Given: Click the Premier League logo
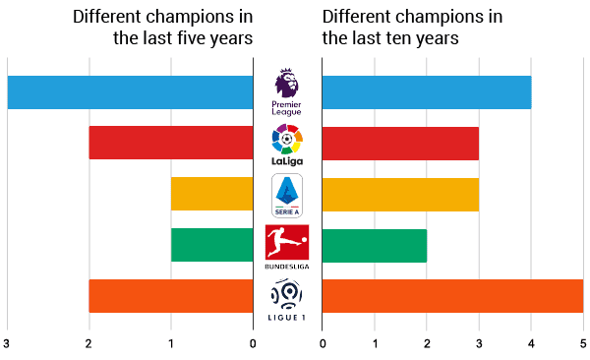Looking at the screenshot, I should click(287, 91).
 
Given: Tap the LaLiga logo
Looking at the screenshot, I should click(287, 144).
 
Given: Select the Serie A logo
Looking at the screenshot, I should click(287, 195).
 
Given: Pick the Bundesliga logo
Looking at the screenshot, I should click(287, 246).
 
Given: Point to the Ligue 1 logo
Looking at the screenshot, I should click(287, 297).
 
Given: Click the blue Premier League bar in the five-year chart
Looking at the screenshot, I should click(130, 92).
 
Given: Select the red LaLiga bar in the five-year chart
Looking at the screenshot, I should click(171, 143).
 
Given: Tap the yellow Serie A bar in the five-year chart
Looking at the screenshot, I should click(211, 194).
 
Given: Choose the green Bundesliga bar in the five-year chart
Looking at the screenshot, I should click(211, 245).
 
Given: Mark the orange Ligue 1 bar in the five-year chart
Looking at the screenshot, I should click(171, 296).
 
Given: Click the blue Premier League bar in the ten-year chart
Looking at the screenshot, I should click(427, 92).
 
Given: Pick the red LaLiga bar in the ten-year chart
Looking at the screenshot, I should click(400, 143).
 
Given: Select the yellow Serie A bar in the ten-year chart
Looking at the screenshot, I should click(400, 194).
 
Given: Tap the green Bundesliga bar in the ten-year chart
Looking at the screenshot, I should click(375, 245).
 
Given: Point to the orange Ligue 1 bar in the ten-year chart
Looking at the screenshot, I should click(452, 296).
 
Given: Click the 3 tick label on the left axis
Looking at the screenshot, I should click(7, 343).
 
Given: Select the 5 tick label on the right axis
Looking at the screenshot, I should click(583, 343).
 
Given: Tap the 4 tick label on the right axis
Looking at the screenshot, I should click(531, 343).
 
